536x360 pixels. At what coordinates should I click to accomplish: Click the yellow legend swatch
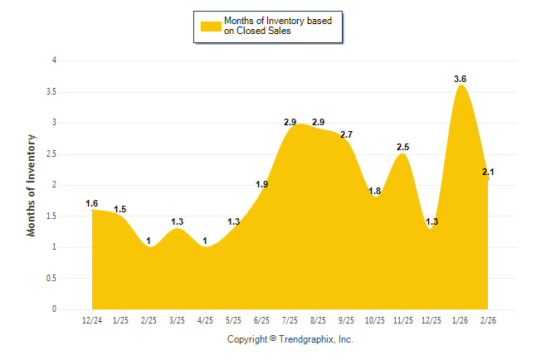[x=210, y=26]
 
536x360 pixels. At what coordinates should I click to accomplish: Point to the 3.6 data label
[x=460, y=79]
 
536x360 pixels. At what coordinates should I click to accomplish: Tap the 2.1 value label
[x=488, y=172]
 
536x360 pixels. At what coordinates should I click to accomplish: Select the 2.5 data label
[x=403, y=147]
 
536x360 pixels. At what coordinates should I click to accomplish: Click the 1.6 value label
[x=92, y=203]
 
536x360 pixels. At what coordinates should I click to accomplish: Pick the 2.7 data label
[x=346, y=134]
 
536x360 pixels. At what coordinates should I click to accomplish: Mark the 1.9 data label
[x=261, y=184]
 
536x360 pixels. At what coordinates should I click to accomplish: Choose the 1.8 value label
[x=374, y=191]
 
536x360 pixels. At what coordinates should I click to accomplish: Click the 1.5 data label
[x=120, y=210]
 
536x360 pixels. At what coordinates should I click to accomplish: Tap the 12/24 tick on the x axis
[x=92, y=320]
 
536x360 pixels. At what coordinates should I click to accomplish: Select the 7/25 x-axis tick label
[x=290, y=320]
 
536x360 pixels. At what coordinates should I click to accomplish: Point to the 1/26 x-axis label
[x=460, y=320]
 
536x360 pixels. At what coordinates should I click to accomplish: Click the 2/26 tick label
[x=489, y=320]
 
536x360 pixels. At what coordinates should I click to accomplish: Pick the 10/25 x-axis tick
[x=375, y=320]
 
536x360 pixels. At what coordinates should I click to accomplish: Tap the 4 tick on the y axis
[x=54, y=61]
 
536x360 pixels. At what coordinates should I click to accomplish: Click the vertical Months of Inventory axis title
[x=32, y=184]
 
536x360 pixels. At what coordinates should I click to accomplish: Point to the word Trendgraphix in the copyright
[x=305, y=339]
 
